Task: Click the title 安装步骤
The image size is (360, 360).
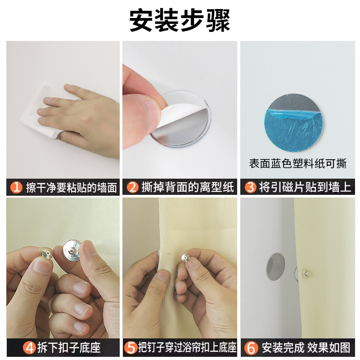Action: (x=180, y=20)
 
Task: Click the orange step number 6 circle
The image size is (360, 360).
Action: (x=251, y=348)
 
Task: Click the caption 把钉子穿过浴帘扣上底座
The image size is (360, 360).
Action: (x=187, y=348)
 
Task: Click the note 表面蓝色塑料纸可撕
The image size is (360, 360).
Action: (x=298, y=163)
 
